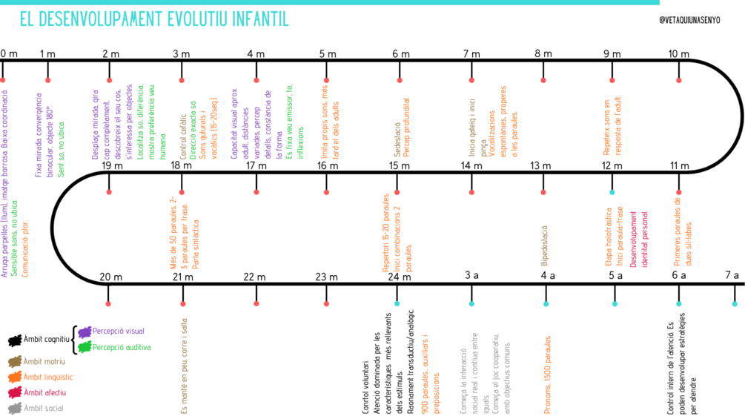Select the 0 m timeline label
coord(9,53)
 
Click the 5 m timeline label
coord(328,53)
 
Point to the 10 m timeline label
coord(678,53)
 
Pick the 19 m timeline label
coord(113,165)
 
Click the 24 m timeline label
coord(398,277)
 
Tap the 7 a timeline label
coord(732,276)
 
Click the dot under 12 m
coord(612,192)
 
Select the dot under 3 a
coord(471,303)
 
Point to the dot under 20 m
coord(109,303)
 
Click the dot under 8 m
coord(543,80)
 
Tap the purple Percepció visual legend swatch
coord(85,331)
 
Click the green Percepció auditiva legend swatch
coord(85,346)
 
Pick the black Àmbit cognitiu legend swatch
coord(15,340)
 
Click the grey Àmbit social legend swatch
coord(14,408)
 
